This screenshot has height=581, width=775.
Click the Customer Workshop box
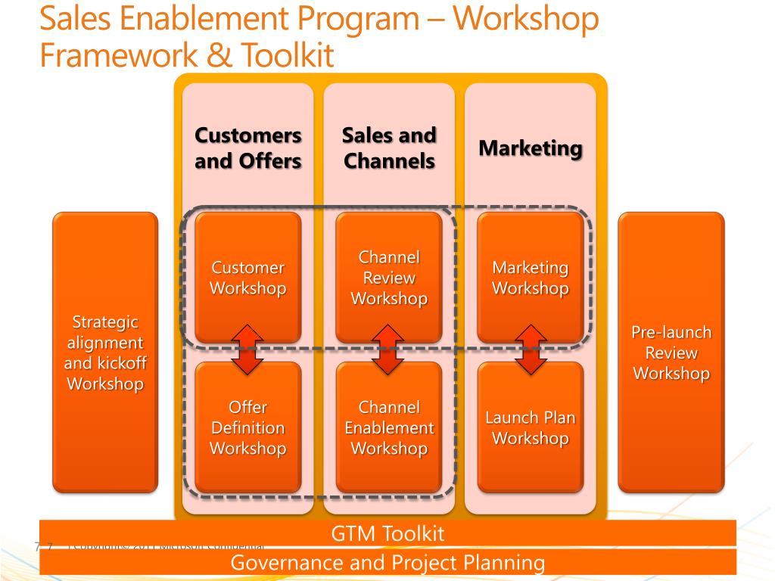pos(247,277)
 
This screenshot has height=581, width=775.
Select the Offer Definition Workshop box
pos(247,427)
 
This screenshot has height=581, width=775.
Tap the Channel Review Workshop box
pos(389,277)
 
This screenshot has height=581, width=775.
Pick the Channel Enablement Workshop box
pos(389,427)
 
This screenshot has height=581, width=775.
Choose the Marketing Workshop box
pos(530,277)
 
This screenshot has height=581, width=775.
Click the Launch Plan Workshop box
pos(530,427)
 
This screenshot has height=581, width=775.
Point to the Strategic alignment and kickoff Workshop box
pos(105,353)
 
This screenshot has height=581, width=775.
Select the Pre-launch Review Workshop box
pos(671,353)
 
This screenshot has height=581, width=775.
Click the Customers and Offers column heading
pos(248,148)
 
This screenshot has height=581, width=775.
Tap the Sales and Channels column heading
pos(389,148)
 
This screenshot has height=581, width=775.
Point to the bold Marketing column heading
pos(530,148)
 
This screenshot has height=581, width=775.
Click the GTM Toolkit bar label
pos(387,533)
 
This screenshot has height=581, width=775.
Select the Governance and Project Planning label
pos(387,562)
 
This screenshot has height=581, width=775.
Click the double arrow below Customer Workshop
pos(247,350)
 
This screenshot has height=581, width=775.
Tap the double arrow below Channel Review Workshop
pos(389,350)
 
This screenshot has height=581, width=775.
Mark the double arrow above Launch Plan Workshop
pos(530,350)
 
